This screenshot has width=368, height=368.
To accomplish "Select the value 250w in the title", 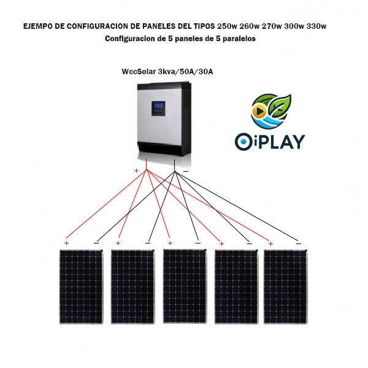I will click(x=227, y=26).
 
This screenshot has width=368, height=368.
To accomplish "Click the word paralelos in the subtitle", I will click(x=235, y=38).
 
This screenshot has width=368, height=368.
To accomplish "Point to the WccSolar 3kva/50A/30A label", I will click(x=167, y=72).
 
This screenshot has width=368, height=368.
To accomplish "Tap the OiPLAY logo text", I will click(x=270, y=141).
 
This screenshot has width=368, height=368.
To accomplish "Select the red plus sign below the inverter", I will click(x=136, y=171).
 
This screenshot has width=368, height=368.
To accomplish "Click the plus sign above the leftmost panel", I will click(x=67, y=243).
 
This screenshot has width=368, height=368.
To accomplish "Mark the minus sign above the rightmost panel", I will click(x=298, y=243).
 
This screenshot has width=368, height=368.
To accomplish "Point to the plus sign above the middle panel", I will click(x=170, y=243).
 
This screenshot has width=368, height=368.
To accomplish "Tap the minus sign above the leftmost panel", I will click(x=96, y=243).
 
